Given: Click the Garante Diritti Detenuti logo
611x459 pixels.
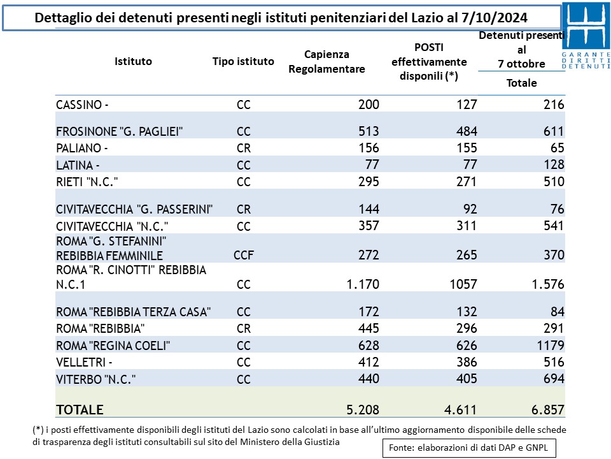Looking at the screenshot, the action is click(586, 36).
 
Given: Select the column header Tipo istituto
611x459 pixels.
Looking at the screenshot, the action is click(243, 62).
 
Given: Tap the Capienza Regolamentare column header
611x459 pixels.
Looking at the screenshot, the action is click(327, 62).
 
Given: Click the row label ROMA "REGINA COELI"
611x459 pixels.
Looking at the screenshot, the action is click(113, 346).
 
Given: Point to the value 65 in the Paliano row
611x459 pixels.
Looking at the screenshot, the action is click(558, 148).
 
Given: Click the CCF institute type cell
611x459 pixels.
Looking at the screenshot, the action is click(244, 255).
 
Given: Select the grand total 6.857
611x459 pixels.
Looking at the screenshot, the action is click(547, 410).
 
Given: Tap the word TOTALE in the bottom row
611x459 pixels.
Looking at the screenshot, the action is click(80, 410).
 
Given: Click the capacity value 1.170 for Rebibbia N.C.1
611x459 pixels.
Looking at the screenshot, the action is click(363, 284).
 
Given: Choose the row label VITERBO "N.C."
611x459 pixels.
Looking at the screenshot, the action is click(96, 379).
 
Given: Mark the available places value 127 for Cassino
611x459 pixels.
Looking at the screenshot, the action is click(467, 105).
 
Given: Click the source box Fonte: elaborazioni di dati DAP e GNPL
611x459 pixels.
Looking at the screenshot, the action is click(469, 448).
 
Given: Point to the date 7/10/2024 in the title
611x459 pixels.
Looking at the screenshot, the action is click(495, 18).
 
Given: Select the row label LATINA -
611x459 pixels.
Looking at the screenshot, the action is click(78, 166).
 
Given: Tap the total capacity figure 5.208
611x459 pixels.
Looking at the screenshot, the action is click(363, 410).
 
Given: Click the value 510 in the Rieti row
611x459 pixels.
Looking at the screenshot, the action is click(554, 182).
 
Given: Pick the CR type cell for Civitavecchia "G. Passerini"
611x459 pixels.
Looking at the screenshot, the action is click(244, 210).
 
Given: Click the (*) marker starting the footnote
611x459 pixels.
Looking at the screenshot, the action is click(38, 430).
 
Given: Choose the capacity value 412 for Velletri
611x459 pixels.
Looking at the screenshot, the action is click(369, 362).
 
